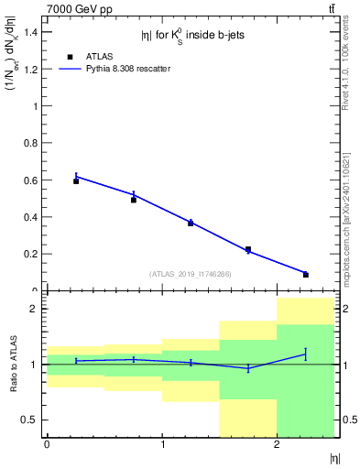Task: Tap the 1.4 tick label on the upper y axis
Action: tap(29, 32)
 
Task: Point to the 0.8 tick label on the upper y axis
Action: tap(29, 143)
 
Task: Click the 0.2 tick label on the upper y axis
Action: tap(29, 254)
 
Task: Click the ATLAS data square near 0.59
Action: tap(76, 181)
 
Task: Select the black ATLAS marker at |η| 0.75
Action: tap(134, 200)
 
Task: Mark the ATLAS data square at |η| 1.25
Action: tap(191, 223)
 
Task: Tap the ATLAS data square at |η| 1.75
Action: tap(248, 249)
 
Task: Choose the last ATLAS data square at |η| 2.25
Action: tap(306, 275)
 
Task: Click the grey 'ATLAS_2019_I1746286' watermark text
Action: tap(191, 274)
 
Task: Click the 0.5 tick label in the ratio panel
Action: tap(29, 420)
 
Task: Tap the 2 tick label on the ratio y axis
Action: tap(33, 309)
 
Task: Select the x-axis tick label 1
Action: tap(162, 444)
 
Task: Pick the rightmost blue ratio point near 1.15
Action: tap(306, 354)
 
